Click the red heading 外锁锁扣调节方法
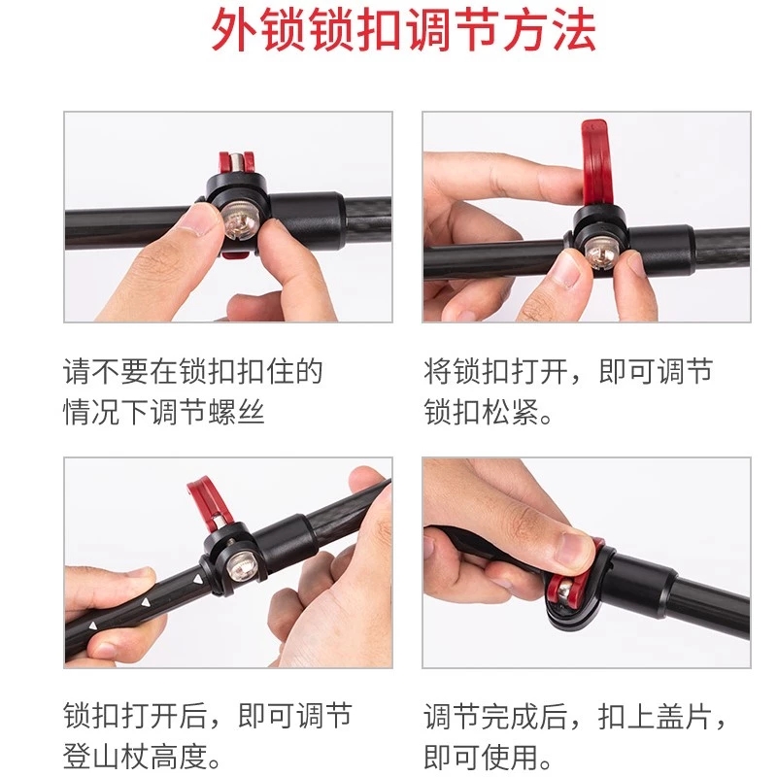click(404, 31)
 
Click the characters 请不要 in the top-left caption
click(106, 371)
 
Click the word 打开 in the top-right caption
click(539, 371)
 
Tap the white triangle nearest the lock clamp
click(198, 579)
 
